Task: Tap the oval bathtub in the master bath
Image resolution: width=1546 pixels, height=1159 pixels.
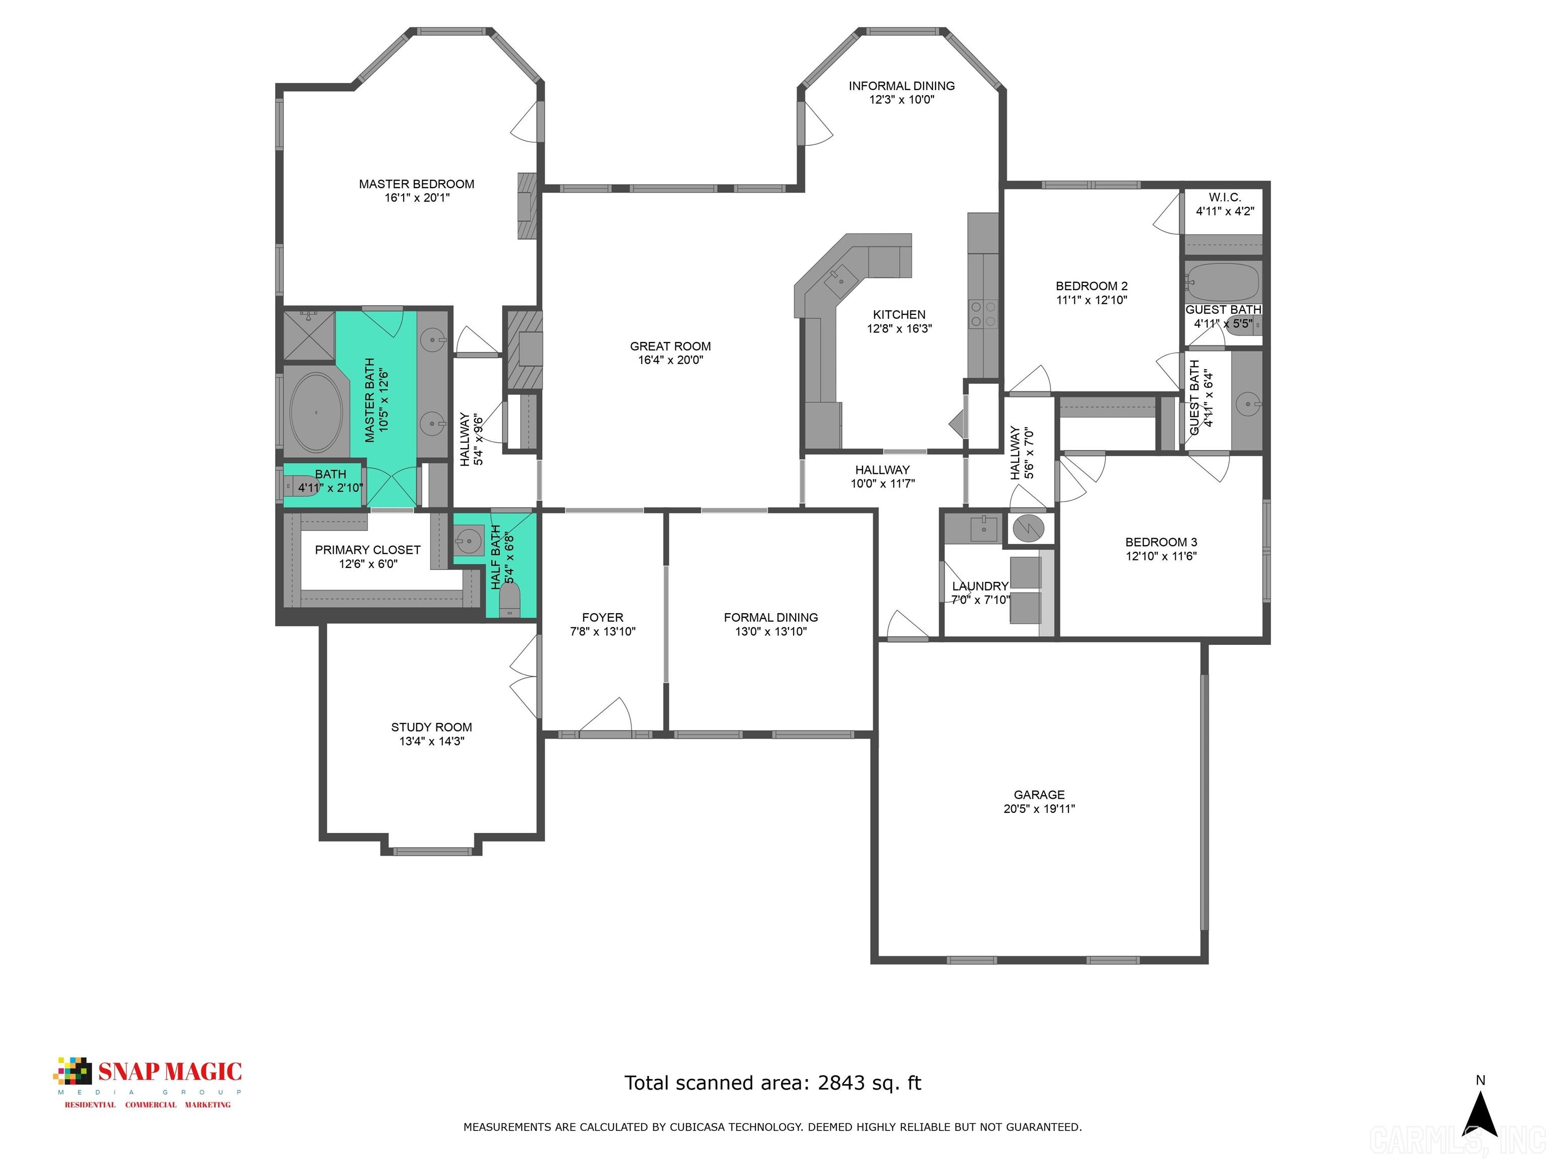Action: [316, 412]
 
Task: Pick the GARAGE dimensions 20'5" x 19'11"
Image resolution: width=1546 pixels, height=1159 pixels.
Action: [1039, 808]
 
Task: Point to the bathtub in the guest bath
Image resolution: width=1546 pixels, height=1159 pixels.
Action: [1222, 282]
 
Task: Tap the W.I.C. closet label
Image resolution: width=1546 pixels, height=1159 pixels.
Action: [1224, 198]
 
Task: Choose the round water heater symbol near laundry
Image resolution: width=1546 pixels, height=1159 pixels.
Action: [1029, 528]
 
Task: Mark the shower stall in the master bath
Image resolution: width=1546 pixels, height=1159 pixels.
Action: [308, 336]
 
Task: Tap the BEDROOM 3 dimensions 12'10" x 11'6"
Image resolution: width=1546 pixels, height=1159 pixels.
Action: [1161, 556]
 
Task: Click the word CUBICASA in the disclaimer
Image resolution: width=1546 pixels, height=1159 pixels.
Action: [701, 1126]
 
